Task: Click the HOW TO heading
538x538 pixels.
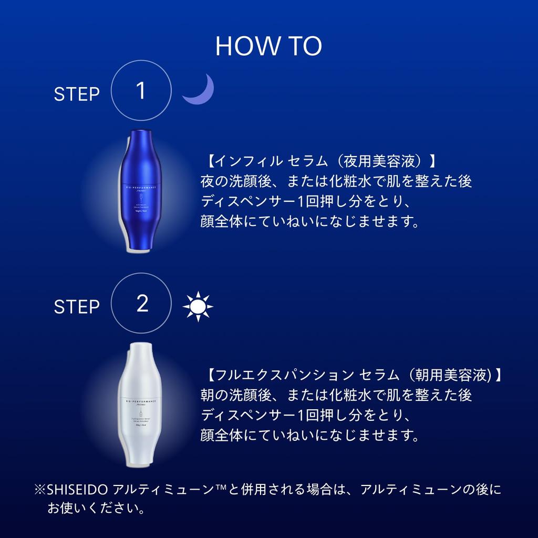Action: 268,46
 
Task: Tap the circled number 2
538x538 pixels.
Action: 142,304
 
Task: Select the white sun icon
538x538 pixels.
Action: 198,306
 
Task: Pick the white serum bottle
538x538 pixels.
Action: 142,405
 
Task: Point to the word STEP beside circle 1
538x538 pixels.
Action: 77,95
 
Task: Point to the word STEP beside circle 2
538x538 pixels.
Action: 77,307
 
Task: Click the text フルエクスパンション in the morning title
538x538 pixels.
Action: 284,375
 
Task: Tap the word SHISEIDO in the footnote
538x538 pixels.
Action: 78,490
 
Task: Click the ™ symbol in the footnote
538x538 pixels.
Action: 218,489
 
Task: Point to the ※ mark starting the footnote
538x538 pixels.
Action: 40,491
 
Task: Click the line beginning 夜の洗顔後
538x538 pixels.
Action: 336,181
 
